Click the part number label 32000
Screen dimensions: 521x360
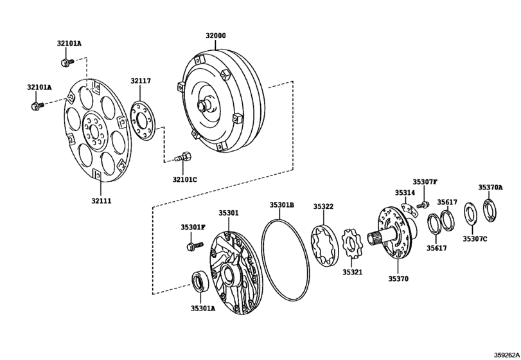coord(215,35)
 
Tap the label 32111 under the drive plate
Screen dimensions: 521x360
coord(102,201)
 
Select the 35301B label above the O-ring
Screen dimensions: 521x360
coord(282,205)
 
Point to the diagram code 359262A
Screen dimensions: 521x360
coord(506,355)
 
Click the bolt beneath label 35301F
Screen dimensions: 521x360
coord(195,246)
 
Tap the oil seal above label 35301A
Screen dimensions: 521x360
coord(200,282)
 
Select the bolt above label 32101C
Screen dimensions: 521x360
coord(182,157)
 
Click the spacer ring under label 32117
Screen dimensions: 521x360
coord(143,121)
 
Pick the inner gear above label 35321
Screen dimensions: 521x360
coord(352,246)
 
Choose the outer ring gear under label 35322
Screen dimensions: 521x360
coord(324,246)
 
